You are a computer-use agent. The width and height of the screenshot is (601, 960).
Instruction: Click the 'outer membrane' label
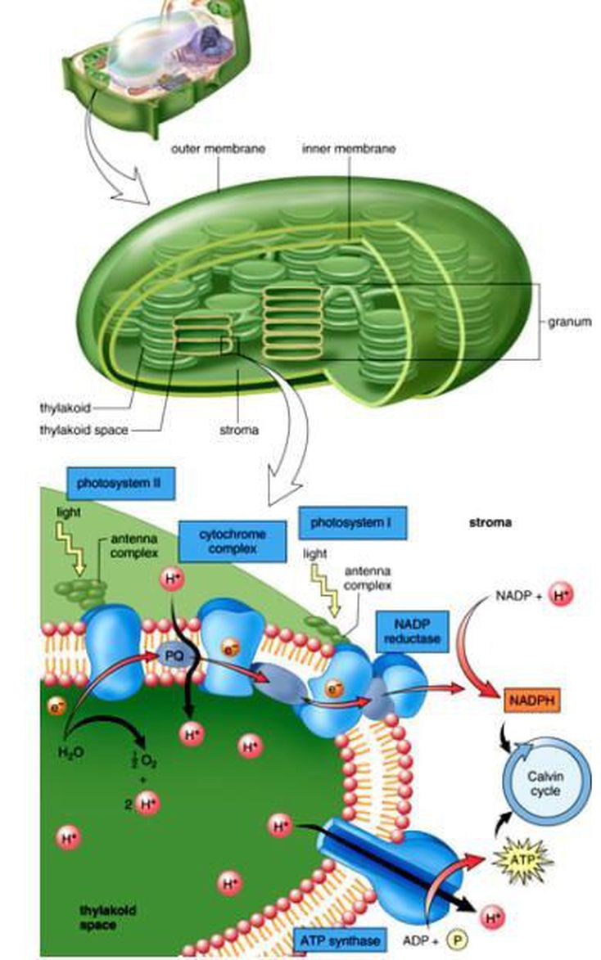pos(217,150)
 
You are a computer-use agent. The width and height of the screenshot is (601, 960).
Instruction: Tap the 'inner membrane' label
pos(349,149)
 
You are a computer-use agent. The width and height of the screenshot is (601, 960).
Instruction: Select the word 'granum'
pos(570,322)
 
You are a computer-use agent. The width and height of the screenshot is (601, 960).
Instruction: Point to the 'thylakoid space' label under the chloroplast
pos(84,429)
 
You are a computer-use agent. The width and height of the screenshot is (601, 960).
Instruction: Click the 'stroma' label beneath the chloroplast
pos(240,429)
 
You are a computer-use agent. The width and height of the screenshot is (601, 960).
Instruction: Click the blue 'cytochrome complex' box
pos(233,541)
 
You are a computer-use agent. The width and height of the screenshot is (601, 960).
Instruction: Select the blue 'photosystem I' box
pos(352,521)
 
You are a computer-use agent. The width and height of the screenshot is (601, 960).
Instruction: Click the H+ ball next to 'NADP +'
pos(561,595)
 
